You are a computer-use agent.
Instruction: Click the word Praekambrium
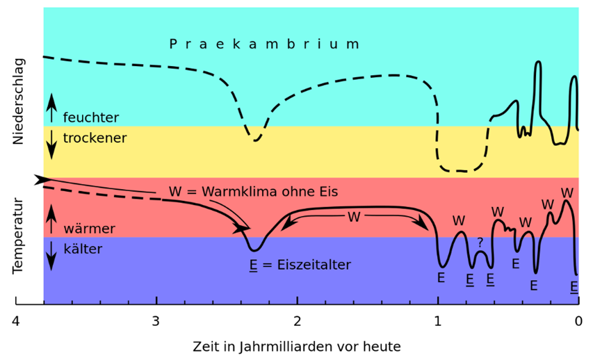(x=264, y=44)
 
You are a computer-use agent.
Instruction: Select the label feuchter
(x=91, y=117)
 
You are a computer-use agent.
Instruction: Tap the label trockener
(x=95, y=138)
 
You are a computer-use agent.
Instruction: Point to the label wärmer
(x=89, y=229)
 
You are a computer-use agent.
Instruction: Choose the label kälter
(x=83, y=249)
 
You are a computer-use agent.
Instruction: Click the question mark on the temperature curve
(x=480, y=243)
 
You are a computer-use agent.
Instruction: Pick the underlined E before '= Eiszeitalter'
(x=253, y=265)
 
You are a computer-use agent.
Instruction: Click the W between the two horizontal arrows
(x=354, y=218)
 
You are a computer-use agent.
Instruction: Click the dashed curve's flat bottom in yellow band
(x=459, y=170)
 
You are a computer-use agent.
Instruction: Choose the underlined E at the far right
(x=574, y=286)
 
